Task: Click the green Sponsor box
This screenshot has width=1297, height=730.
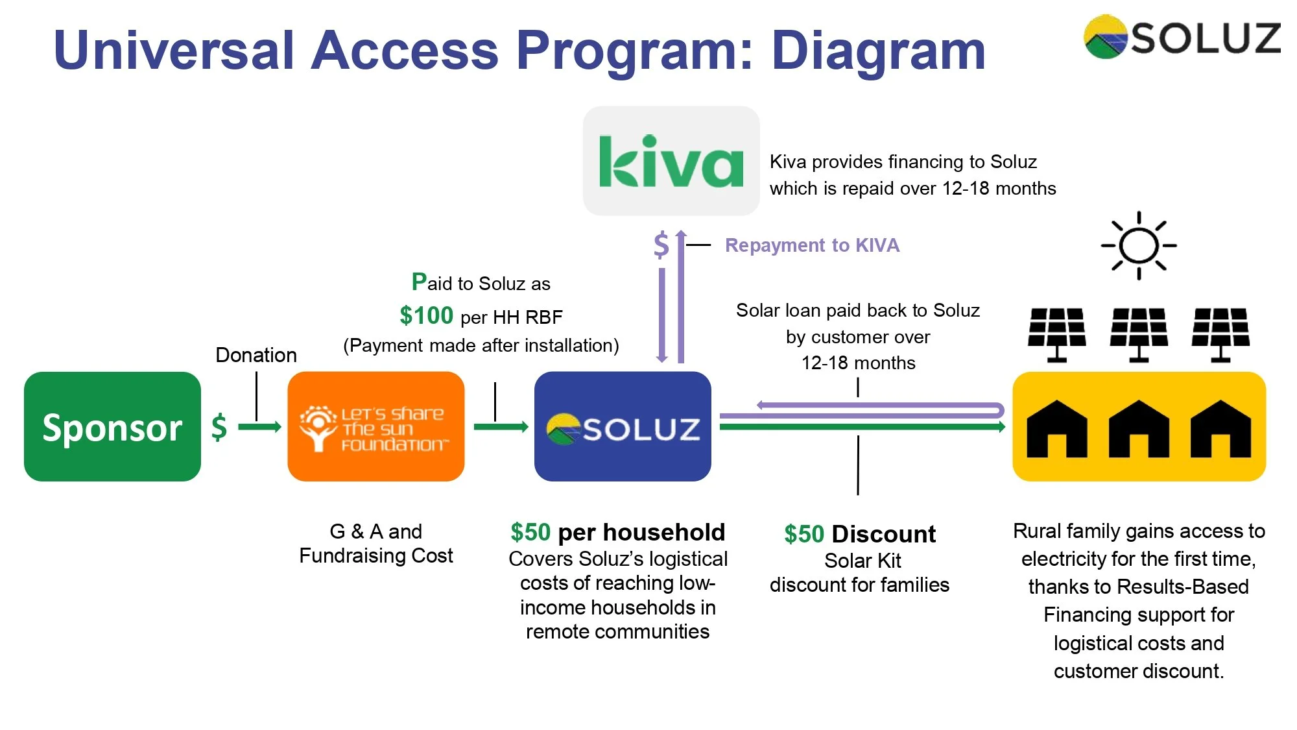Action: click(x=112, y=426)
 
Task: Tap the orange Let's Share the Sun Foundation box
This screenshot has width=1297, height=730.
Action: click(x=375, y=426)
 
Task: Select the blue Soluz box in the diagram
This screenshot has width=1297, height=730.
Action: click(x=623, y=426)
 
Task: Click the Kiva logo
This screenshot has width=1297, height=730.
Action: click(x=671, y=161)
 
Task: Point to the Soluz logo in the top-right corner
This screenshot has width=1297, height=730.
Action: click(x=1182, y=37)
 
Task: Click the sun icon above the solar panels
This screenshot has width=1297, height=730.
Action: click(x=1139, y=245)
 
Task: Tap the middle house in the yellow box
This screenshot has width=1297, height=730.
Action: click(x=1139, y=430)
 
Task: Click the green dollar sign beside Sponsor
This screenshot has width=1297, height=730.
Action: click(x=219, y=427)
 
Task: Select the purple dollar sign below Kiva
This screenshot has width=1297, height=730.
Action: click(x=661, y=245)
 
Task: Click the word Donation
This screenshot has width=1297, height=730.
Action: click(x=256, y=355)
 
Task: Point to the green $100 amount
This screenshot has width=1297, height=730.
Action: click(x=426, y=315)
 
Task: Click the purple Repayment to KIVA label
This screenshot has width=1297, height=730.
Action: click(x=812, y=245)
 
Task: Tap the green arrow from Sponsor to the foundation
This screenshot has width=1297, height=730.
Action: click(x=259, y=426)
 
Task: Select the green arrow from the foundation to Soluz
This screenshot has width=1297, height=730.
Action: click(x=501, y=426)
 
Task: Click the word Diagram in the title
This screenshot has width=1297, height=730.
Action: click(x=879, y=51)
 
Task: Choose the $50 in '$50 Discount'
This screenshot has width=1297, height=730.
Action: click(x=803, y=534)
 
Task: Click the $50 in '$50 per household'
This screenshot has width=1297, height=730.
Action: click(x=530, y=532)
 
